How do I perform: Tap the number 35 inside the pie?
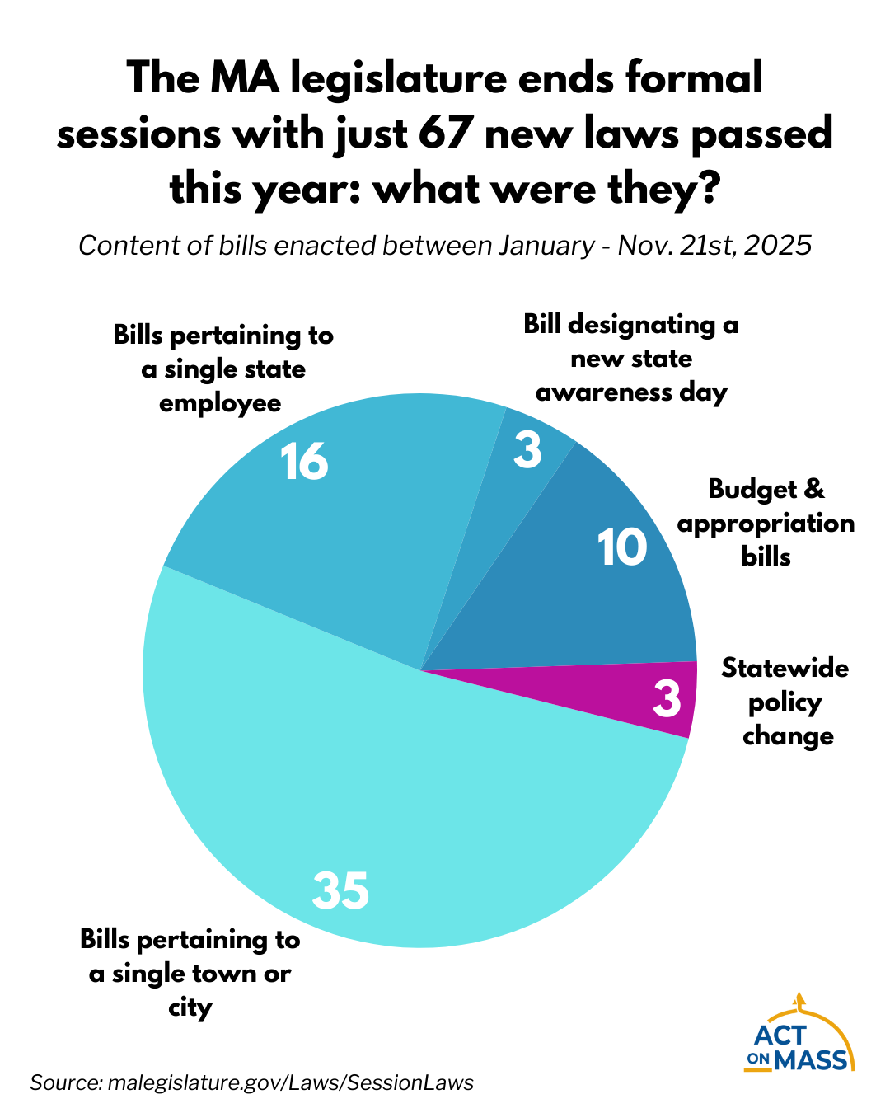pyautogui.click(x=340, y=890)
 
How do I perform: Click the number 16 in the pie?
pyautogui.click(x=304, y=462)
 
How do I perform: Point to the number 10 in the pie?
pyautogui.click(x=622, y=547)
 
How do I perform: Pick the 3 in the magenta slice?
pyautogui.click(x=667, y=698)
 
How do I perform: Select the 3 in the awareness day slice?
pyautogui.click(x=527, y=451)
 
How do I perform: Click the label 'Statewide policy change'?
pyautogui.click(x=785, y=702)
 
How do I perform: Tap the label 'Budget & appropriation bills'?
pyautogui.click(x=766, y=524)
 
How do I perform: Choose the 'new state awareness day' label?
pyautogui.click(x=631, y=359)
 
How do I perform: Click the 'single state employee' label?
pyautogui.click(x=222, y=369)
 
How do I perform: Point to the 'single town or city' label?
pyautogui.click(x=190, y=973)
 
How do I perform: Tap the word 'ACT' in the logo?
pyautogui.click(x=782, y=1036)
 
